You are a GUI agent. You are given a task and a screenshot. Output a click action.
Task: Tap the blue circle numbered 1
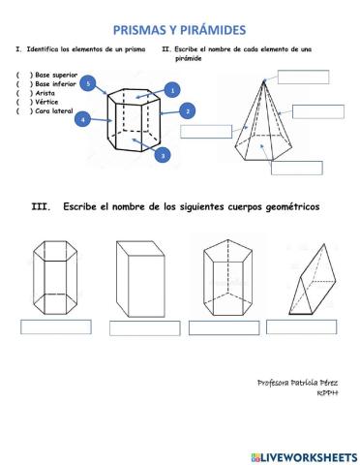pyautogui.click(x=172, y=90)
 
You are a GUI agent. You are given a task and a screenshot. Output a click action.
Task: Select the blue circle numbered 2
pyautogui.click(x=186, y=112)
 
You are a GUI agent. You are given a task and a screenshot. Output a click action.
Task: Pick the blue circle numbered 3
pyautogui.click(x=164, y=154)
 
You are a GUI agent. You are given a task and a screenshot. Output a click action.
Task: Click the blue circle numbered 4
pyautogui.click(x=83, y=119)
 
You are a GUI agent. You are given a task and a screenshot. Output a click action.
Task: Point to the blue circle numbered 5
pyautogui.click(x=89, y=84)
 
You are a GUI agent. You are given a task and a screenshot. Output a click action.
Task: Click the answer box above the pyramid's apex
pyautogui.click(x=303, y=77)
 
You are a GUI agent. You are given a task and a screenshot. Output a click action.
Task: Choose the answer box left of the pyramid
pyautogui.click(x=205, y=132)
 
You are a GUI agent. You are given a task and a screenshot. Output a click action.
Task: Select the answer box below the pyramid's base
pyautogui.click(x=296, y=168)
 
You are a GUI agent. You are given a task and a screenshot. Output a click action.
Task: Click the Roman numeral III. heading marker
pyautogui.click(x=41, y=206)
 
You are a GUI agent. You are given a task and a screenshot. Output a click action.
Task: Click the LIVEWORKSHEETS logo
pyautogui.click(x=303, y=455)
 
